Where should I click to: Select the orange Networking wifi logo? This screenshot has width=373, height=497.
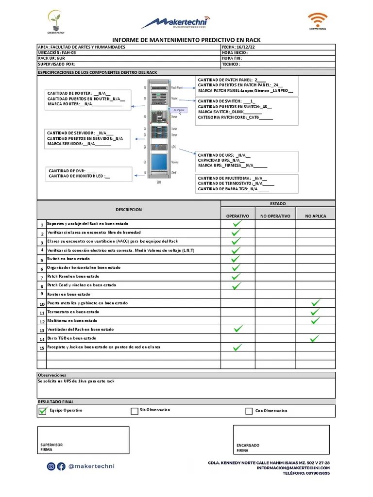pos(317,21)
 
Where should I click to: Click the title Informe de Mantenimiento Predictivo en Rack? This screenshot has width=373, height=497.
pos(186,40)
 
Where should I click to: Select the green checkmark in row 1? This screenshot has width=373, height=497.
pos(237,224)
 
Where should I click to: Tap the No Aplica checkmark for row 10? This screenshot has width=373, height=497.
pos(316,303)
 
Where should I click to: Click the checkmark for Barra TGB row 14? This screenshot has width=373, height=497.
pos(316,338)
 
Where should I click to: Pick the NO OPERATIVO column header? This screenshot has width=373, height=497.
pos(275,216)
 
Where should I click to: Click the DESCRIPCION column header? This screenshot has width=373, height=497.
pos(129,210)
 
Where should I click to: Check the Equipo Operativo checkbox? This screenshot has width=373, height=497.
pos(42,411)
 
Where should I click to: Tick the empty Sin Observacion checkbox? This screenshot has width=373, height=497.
pos(134,411)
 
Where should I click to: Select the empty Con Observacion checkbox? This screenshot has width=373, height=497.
pos(249,412)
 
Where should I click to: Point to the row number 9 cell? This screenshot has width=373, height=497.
pos(42,294)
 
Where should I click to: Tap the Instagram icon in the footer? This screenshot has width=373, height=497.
pos(51,466)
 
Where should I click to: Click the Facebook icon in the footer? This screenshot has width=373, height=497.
pos(61,466)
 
